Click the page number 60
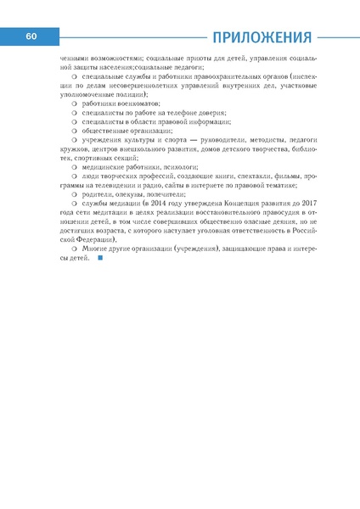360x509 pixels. point(31,36)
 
